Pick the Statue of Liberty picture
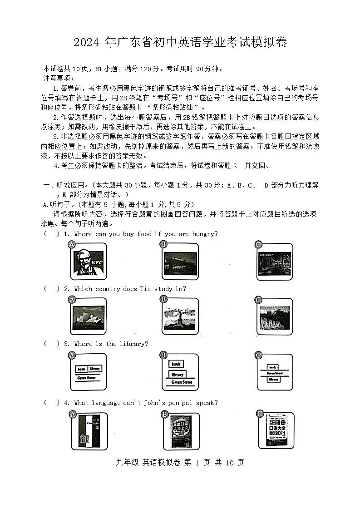[x=180, y=316]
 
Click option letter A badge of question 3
[x=72, y=356]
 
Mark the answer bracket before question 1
[x=51, y=234]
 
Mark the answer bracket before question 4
[x=51, y=403]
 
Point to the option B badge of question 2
[x=164, y=299]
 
